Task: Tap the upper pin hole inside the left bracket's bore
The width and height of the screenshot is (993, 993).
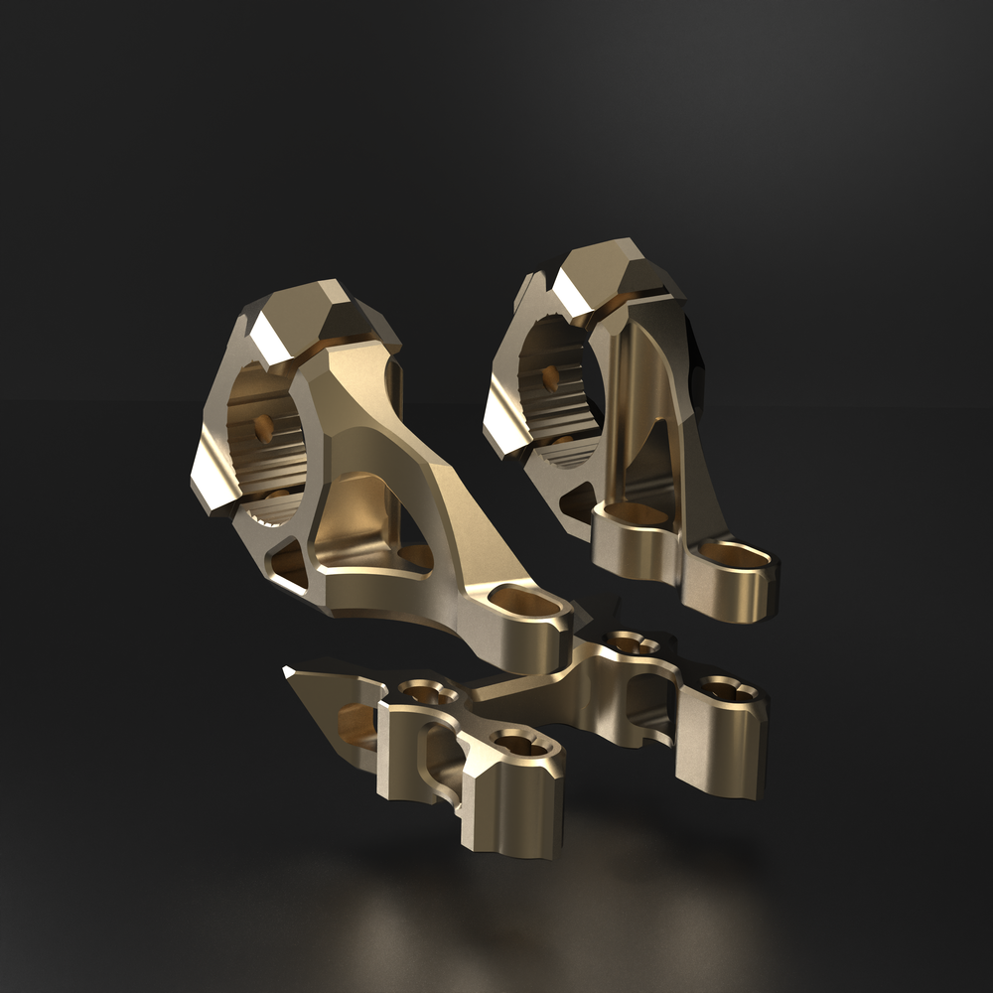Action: tap(264, 428)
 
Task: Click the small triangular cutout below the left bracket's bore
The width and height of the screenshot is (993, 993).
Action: tap(289, 563)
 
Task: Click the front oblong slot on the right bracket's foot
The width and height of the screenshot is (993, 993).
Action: tap(734, 554)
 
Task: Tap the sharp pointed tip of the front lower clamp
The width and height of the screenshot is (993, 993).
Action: tap(288, 672)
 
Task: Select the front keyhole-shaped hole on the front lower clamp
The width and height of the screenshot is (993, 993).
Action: tap(518, 743)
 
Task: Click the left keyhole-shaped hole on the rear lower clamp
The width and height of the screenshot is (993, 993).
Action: tap(633, 644)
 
